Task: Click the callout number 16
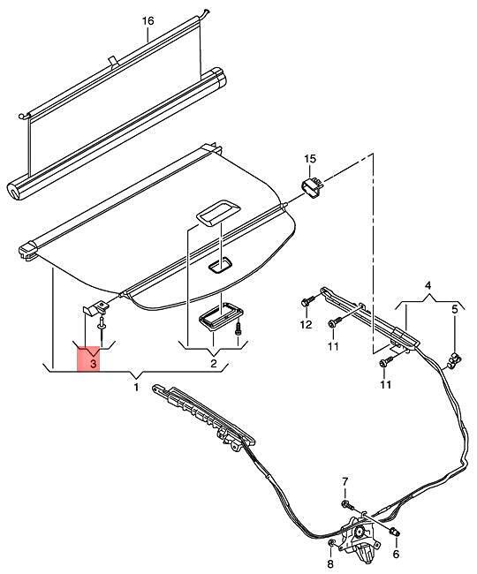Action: click(x=148, y=21)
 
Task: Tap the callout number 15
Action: click(x=310, y=159)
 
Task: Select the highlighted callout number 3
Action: click(x=94, y=364)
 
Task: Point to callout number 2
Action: click(x=213, y=363)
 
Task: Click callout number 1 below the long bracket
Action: click(x=136, y=387)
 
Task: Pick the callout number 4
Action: click(x=428, y=285)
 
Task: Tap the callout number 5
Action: click(x=454, y=309)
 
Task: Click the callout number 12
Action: click(x=307, y=324)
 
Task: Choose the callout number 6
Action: click(x=396, y=555)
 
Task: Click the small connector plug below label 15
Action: click(x=312, y=187)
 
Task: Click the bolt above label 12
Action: click(x=307, y=302)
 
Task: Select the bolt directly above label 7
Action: click(x=347, y=505)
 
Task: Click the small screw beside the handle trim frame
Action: click(x=238, y=327)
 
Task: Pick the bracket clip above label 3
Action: click(x=95, y=308)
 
